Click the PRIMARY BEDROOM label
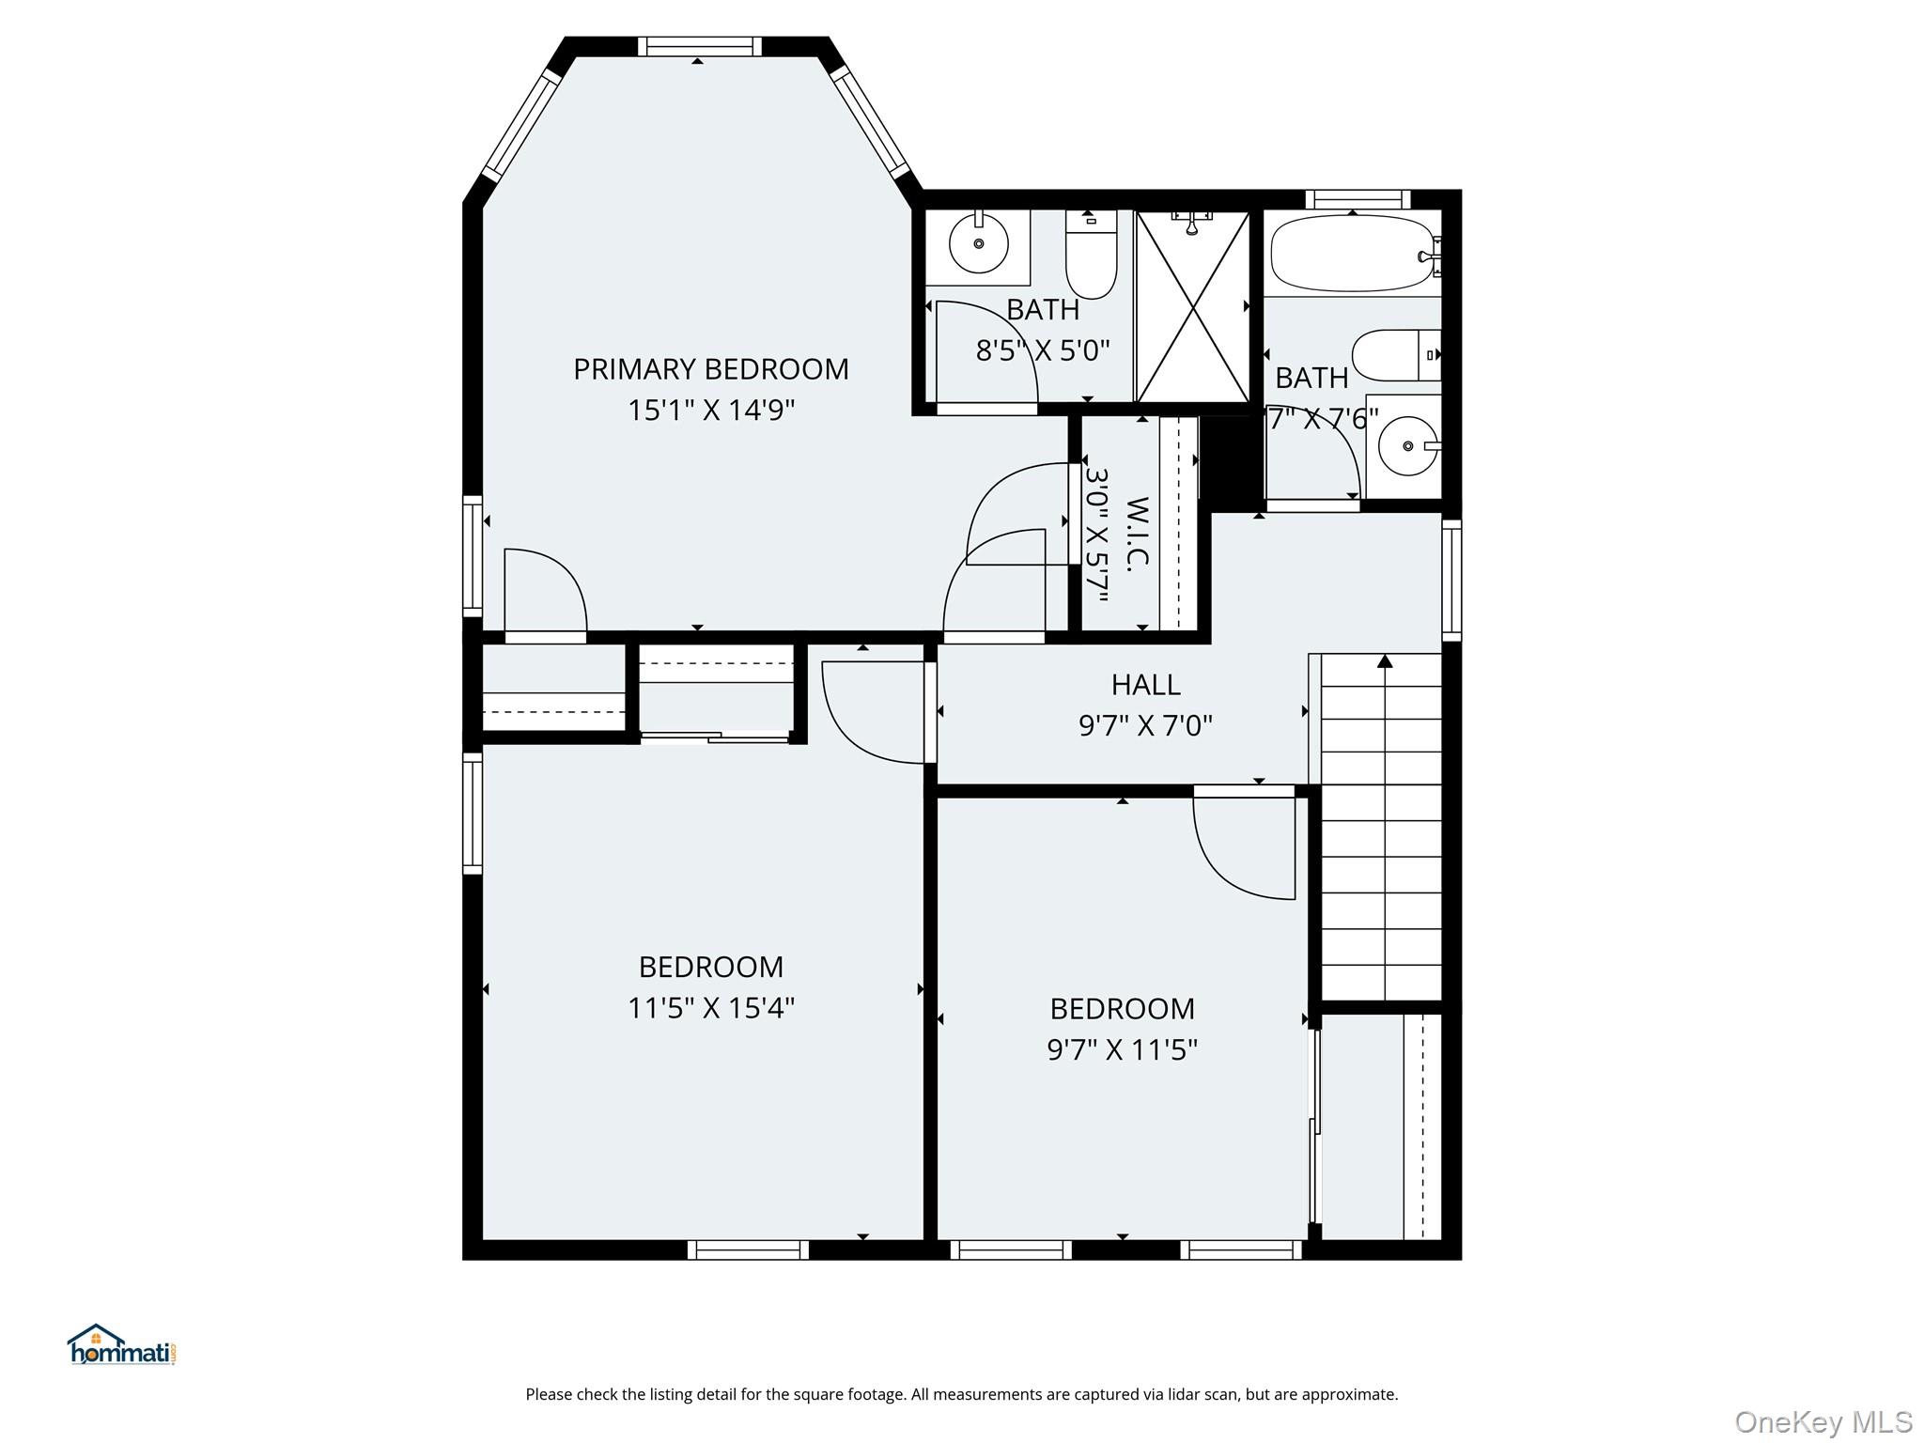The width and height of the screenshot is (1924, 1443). click(711, 369)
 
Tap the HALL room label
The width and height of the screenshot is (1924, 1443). click(1145, 685)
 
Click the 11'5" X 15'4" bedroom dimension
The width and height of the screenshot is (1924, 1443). click(711, 1008)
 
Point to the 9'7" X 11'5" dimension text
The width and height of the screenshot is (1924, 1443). click(1122, 1049)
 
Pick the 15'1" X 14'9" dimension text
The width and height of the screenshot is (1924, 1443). click(711, 411)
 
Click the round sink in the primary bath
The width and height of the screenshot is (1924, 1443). click(978, 243)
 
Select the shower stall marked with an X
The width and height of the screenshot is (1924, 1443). click(1193, 306)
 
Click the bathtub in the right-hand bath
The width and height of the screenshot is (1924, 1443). click(1354, 252)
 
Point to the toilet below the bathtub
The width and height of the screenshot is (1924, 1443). click(1396, 355)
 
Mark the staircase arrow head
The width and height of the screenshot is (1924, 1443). click(1385, 661)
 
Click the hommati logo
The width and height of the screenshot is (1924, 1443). click(121, 1345)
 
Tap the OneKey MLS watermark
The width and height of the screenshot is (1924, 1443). click(1823, 1421)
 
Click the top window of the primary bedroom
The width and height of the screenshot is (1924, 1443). click(700, 47)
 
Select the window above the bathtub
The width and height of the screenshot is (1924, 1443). click(1358, 199)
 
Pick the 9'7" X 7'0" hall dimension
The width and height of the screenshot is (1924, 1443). click(1145, 726)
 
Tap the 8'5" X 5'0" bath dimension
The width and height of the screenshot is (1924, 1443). click(1043, 350)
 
